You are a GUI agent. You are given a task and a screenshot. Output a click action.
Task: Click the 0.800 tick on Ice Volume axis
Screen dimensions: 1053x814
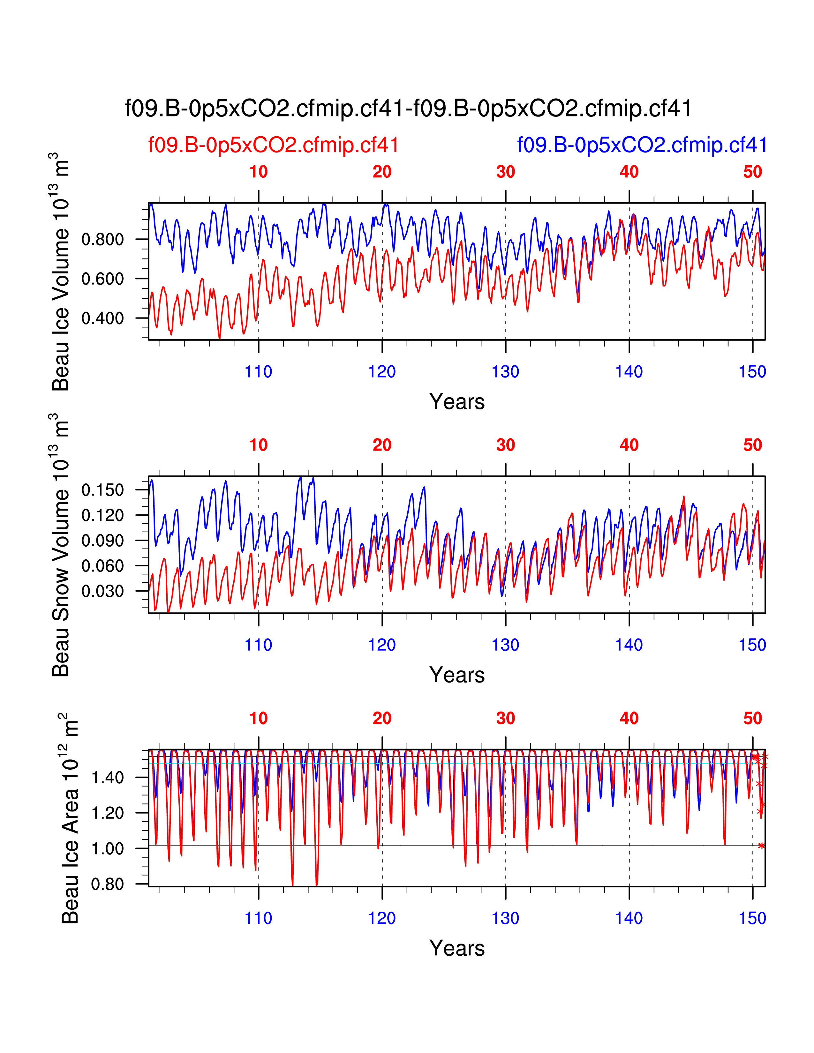pyautogui.click(x=103, y=239)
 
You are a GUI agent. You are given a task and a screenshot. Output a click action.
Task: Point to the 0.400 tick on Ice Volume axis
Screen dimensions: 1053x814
pyautogui.click(x=103, y=318)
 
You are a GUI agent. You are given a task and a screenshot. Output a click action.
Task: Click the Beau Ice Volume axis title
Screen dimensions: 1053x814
pyautogui.click(x=61, y=272)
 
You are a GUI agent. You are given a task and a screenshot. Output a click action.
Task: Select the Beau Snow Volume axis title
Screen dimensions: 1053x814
pyautogui.click(x=61, y=545)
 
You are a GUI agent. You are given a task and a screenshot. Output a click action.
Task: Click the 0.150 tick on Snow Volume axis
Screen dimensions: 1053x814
pyautogui.click(x=103, y=490)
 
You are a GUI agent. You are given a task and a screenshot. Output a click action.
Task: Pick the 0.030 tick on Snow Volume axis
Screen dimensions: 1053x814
pyautogui.click(x=103, y=591)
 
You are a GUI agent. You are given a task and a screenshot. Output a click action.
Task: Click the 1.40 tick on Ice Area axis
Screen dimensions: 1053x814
pyautogui.click(x=108, y=777)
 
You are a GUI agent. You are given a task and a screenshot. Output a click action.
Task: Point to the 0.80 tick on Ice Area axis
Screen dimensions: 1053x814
pyautogui.click(x=108, y=884)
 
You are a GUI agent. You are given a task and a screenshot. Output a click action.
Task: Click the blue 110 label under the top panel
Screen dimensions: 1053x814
pyautogui.click(x=259, y=372)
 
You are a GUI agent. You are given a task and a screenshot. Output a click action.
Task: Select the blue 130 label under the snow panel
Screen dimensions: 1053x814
pyautogui.click(x=505, y=645)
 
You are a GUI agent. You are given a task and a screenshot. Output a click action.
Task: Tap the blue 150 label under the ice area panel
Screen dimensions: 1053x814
pyautogui.click(x=752, y=918)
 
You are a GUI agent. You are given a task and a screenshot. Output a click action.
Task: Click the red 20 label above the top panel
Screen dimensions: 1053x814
pyautogui.click(x=382, y=172)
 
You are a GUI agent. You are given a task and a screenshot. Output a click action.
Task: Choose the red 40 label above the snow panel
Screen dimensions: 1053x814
pyautogui.click(x=629, y=445)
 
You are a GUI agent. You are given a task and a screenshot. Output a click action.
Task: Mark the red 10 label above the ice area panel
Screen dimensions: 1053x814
pyautogui.click(x=259, y=718)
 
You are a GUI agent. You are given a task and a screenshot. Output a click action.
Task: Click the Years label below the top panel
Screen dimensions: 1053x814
pyautogui.click(x=457, y=402)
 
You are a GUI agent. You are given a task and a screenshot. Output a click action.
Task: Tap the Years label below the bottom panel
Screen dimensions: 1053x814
pyautogui.click(x=457, y=948)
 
